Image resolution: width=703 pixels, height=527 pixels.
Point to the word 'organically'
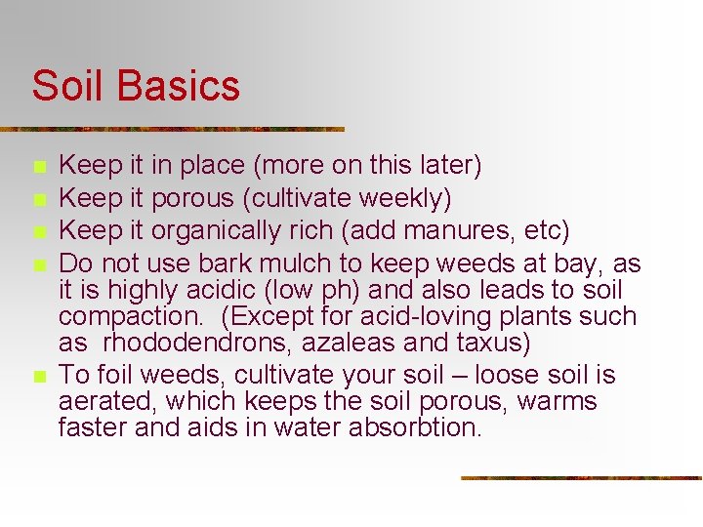coord(208,232)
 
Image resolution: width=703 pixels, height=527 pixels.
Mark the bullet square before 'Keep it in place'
coord(38,167)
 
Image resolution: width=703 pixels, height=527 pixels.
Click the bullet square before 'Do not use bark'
coord(38,265)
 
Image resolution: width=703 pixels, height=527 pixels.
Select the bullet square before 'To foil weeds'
coord(38,377)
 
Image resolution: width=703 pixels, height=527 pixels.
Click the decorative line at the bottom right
coord(581,478)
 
